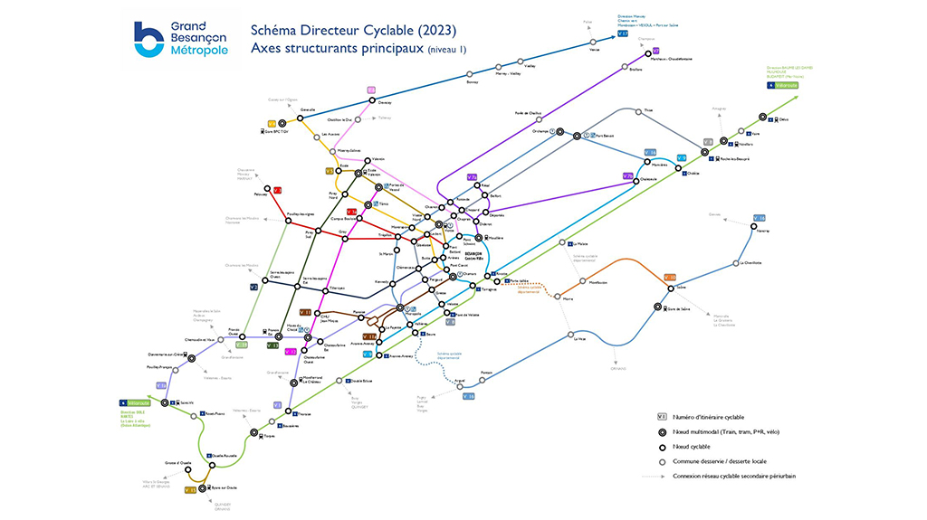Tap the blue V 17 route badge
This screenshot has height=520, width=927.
[x=623, y=33]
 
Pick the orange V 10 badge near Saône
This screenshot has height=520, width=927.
[x=670, y=277]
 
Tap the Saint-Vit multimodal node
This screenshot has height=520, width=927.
[x=164, y=403]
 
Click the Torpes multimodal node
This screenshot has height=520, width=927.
[x=260, y=436]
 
